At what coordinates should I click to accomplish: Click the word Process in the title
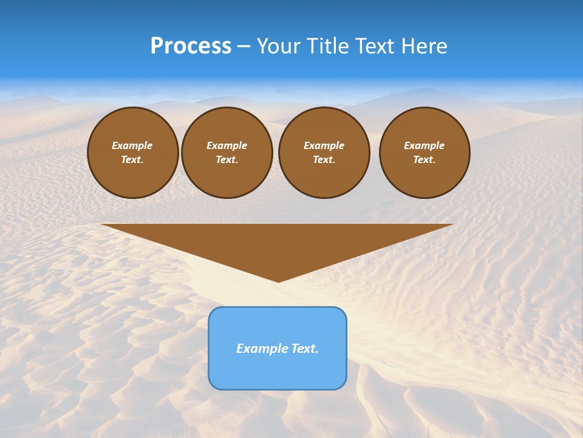191,46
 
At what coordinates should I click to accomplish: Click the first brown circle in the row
132,176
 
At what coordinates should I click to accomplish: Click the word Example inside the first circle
132,145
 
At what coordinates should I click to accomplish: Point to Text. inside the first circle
132,159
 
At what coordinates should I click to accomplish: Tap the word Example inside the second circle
227,145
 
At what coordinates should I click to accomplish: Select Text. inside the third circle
324,159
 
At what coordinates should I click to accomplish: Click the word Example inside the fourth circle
424,145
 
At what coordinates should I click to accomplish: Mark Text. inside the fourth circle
424,159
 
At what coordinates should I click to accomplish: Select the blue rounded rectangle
278,371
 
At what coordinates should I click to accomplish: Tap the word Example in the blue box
257,349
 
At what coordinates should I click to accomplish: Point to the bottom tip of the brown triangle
278,281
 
